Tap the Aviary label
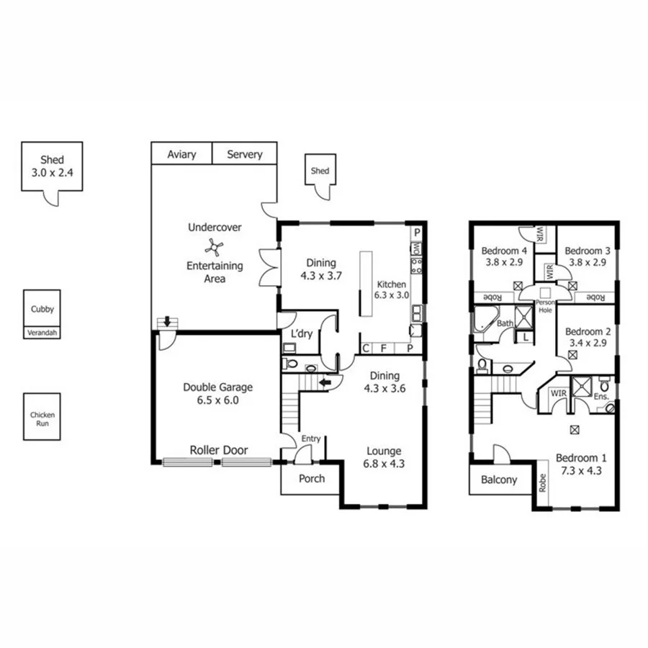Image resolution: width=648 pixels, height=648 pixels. coord(181,154)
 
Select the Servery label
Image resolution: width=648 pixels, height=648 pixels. coord(245,154)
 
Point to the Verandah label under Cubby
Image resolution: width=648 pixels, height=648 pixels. coord(42,333)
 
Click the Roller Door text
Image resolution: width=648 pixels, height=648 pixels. coord(219,450)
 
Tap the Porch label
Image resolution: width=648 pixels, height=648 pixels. coord(311,478)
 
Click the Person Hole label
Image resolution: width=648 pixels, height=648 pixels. coord(544,307)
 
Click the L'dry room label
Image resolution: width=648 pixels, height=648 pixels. coord(300,335)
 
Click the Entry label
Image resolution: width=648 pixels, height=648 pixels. coord(311,438)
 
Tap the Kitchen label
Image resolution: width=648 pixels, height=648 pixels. coord(390,284)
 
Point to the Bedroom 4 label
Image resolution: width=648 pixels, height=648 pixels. coord(504,251)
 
